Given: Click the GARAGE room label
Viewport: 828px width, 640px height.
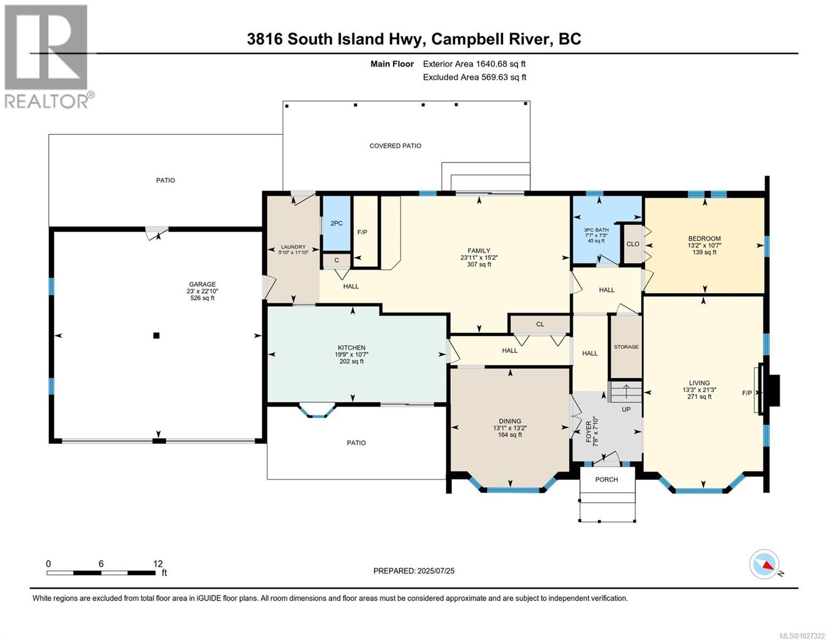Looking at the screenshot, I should tap(202, 284).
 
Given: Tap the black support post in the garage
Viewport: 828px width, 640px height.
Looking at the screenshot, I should tap(156, 335).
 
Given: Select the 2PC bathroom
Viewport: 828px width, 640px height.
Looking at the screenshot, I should tap(336, 223).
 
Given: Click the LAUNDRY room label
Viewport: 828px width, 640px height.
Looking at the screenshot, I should tap(293, 247).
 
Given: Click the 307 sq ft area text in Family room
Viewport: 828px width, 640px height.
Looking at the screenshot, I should tap(478, 265).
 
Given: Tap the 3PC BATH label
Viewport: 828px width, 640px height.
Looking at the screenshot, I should tap(596, 230).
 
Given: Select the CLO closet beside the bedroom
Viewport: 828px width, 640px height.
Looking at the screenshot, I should tap(633, 244).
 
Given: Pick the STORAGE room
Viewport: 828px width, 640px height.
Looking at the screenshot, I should tap(626, 347).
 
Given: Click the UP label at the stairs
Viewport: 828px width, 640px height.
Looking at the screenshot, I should tap(626, 410).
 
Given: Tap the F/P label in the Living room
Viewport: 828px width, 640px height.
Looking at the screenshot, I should tap(747, 393).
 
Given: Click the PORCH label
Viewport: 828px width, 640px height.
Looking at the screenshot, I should tap(606, 479).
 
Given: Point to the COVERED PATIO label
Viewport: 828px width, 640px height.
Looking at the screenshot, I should tap(395, 146).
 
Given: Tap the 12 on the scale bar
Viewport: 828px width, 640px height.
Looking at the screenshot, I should tap(158, 563).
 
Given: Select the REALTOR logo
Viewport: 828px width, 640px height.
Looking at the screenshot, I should tap(47, 56).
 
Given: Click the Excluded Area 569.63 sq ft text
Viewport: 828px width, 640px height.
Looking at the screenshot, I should tap(474, 77).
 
